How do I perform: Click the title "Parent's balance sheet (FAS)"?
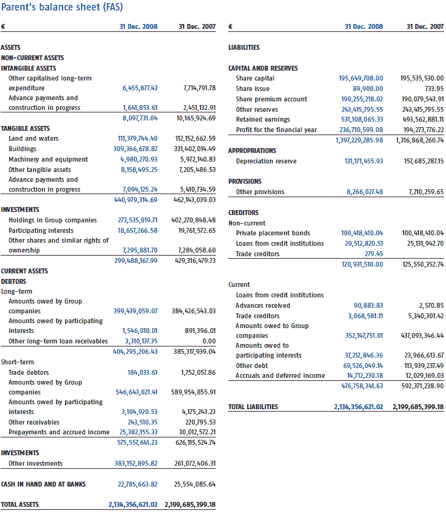62,7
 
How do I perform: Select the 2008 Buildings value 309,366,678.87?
135,149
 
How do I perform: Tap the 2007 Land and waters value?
195,138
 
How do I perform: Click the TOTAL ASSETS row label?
20,504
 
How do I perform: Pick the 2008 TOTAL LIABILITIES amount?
358,407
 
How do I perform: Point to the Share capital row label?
255,78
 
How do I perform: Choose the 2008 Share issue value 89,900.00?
368,88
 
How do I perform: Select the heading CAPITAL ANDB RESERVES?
263,68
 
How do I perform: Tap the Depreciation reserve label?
266,161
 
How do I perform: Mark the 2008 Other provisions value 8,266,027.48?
365,192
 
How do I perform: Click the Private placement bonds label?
273,233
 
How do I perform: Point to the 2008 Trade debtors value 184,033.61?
142,372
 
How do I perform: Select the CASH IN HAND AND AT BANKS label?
44,484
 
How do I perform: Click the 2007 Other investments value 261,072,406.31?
195,463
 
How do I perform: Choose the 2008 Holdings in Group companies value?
137,220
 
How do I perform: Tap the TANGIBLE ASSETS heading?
26,128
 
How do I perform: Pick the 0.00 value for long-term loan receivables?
209,341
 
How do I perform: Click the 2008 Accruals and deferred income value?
365,375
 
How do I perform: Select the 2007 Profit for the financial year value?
423,130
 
